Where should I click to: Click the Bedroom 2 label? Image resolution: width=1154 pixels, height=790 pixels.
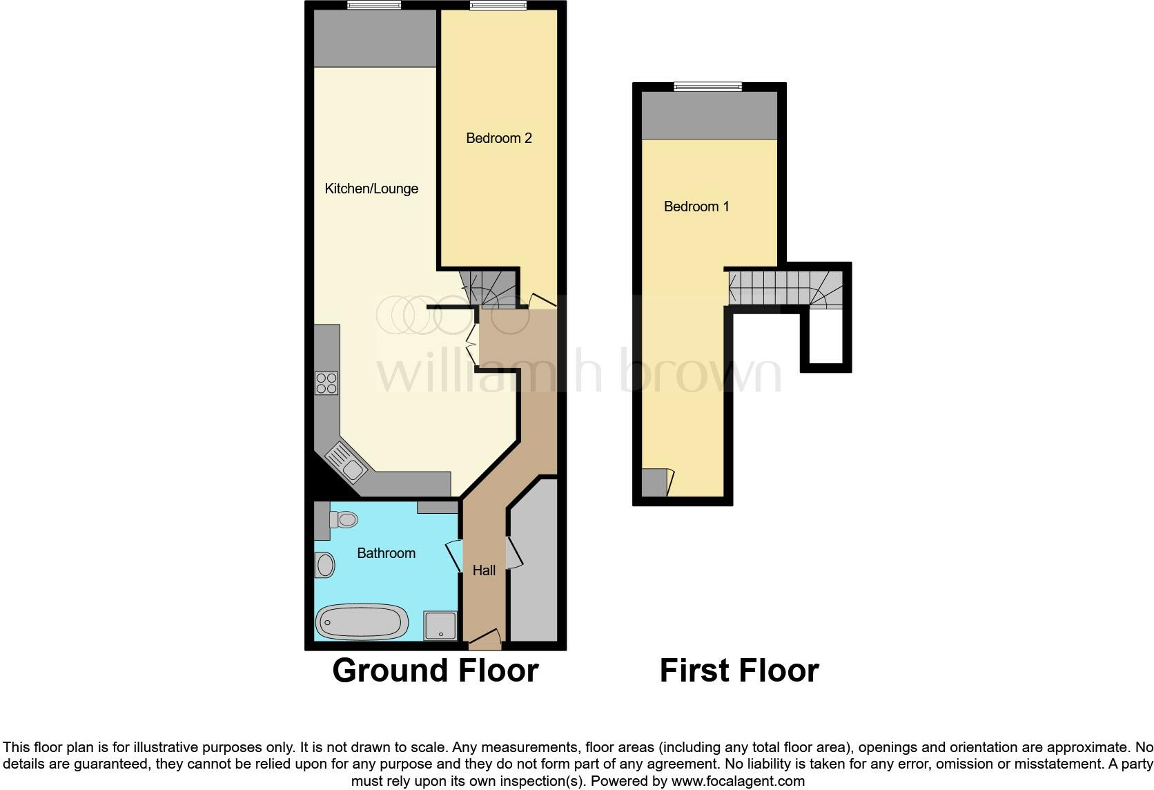click(498, 138)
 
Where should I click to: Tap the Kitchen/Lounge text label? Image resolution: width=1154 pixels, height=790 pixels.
click(371, 189)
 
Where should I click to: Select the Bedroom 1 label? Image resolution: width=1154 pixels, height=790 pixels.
click(696, 206)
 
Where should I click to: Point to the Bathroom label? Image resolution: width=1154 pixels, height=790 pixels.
click(386, 553)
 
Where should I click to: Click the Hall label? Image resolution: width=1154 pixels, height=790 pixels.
click(484, 570)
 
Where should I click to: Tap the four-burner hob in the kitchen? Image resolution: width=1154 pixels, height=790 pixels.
click(326, 383)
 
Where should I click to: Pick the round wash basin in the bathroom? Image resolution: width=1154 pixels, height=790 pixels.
click(324, 565)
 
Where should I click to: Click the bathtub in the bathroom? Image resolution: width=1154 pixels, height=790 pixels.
click(362, 622)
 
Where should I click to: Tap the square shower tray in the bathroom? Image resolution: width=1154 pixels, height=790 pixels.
click(440, 626)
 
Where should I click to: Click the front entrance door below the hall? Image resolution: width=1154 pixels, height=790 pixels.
click(485, 639)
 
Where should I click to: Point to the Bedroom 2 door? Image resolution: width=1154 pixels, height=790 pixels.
click(542, 300)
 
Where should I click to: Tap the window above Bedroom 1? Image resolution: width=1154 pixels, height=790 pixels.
click(707, 86)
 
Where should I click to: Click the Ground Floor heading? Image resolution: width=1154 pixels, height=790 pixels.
click(435, 671)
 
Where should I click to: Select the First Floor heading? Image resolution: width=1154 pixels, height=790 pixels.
click(739, 671)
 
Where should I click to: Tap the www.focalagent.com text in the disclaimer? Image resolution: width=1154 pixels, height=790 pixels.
click(737, 782)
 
